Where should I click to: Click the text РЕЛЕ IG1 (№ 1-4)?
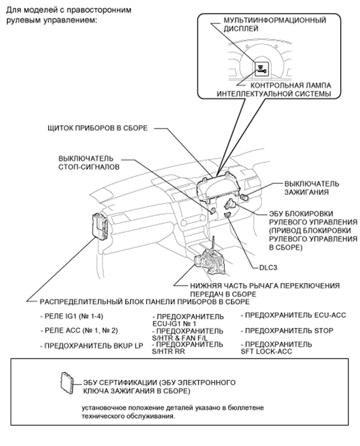point(67,317)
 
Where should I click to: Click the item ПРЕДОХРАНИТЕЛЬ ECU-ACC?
point(293,316)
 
